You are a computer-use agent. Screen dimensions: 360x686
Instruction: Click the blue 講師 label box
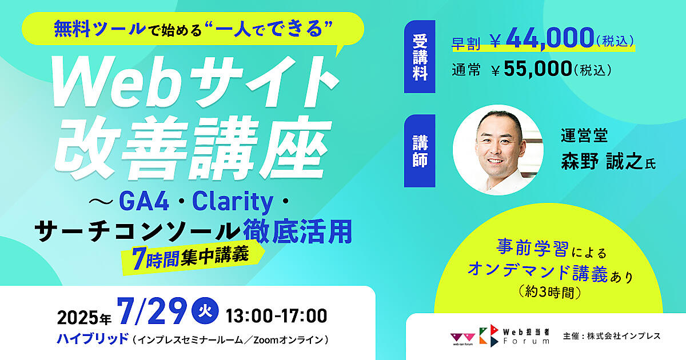coord(420,151)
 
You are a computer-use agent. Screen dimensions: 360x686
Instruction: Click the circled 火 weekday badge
coord(204,312)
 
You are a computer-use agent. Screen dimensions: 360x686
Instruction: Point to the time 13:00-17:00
coord(277,315)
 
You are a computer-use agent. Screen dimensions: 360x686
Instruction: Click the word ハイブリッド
coord(93,339)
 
